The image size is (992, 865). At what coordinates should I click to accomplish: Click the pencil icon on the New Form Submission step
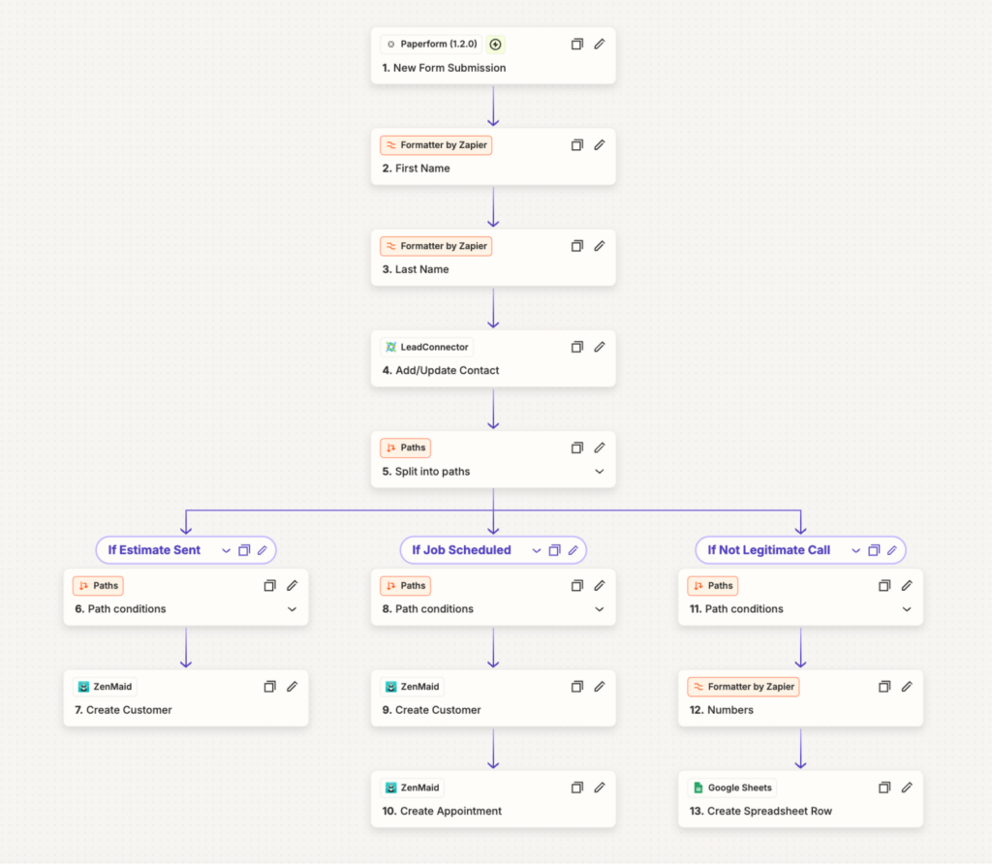[x=599, y=45]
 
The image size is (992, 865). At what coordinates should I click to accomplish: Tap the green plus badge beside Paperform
[x=495, y=45]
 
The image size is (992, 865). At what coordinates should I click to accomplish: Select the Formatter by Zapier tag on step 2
[x=436, y=145]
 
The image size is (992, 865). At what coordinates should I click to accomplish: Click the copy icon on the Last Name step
[x=577, y=246]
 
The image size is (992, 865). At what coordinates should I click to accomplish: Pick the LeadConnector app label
[x=427, y=347]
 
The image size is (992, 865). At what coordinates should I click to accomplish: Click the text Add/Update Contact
[x=448, y=371]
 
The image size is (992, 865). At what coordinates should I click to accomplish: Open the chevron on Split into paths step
[x=599, y=472]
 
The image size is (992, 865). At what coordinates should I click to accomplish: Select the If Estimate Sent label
[x=154, y=550]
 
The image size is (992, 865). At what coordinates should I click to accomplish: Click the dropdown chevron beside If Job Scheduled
[x=537, y=551]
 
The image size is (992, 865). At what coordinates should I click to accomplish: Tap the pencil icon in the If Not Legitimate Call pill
[x=892, y=550]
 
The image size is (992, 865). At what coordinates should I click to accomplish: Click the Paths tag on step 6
[x=98, y=586]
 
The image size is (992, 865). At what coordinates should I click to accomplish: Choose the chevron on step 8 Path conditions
[x=599, y=609]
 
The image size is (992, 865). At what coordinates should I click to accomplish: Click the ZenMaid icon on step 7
[x=83, y=687]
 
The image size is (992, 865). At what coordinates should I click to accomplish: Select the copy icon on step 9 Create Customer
[x=577, y=687]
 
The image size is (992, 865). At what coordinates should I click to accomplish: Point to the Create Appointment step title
[x=442, y=811]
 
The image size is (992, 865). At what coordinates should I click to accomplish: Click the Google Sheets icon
[x=698, y=788]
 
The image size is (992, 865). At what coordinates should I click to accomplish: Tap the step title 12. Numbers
[x=721, y=711]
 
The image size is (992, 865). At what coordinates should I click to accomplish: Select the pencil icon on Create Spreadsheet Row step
[x=907, y=788]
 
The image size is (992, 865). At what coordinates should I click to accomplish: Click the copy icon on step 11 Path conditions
[x=884, y=586]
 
